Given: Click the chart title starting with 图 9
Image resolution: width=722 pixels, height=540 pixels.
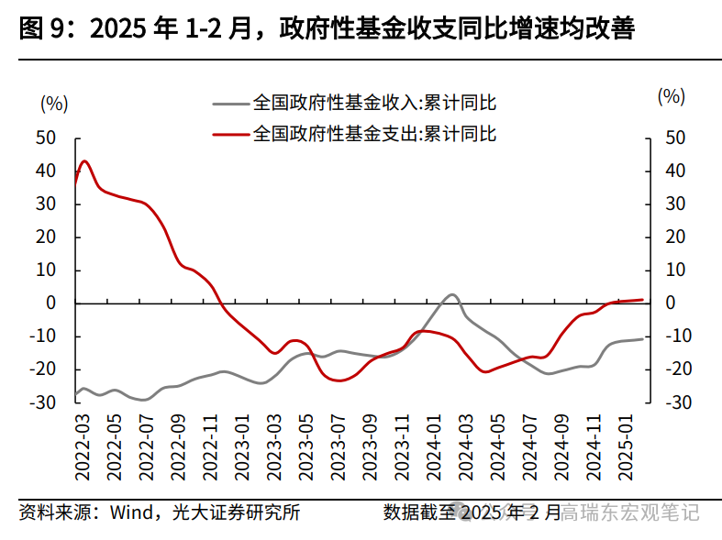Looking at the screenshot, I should (326, 29).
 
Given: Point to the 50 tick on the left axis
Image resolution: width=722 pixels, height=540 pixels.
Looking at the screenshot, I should (46, 138).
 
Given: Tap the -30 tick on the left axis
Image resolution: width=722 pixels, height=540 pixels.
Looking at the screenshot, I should (42, 402).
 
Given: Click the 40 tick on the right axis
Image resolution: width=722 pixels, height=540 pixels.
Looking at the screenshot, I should (675, 171).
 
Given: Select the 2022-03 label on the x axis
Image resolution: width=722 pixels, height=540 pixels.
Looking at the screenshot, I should (82, 445).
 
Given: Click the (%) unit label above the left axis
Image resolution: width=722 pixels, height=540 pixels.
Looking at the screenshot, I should (54, 103).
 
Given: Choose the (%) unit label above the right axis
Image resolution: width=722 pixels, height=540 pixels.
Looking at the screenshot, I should (672, 95).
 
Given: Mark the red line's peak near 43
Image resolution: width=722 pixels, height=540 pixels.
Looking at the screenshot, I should (84, 161).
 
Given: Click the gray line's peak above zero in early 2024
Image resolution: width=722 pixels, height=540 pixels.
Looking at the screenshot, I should (452, 295).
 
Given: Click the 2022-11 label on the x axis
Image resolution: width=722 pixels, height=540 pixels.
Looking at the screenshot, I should (208, 445).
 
